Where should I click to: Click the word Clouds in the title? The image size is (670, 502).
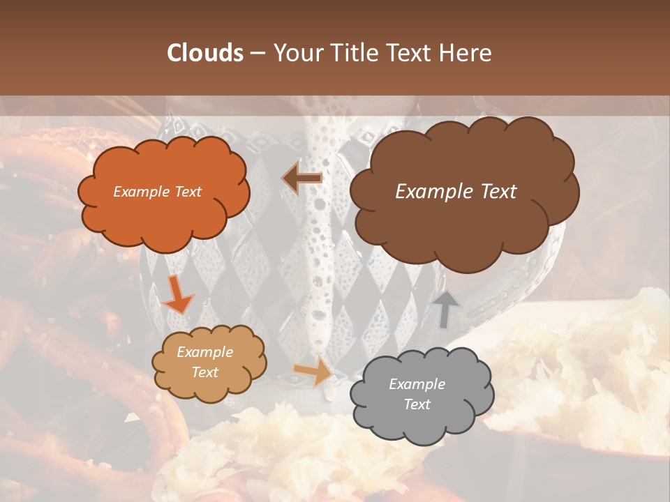click(204, 53)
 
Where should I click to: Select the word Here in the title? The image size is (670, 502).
click(466, 53)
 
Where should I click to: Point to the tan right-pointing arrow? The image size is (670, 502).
click(314, 371)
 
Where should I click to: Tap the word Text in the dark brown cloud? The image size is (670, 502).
click(493, 192)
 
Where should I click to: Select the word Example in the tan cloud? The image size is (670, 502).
click(205, 352)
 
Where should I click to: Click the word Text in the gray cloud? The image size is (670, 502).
click(417, 404)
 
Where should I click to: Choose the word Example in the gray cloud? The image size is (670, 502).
click(417, 384)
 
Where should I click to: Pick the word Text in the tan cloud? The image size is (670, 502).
click(205, 372)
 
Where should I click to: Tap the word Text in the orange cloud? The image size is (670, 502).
click(188, 192)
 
